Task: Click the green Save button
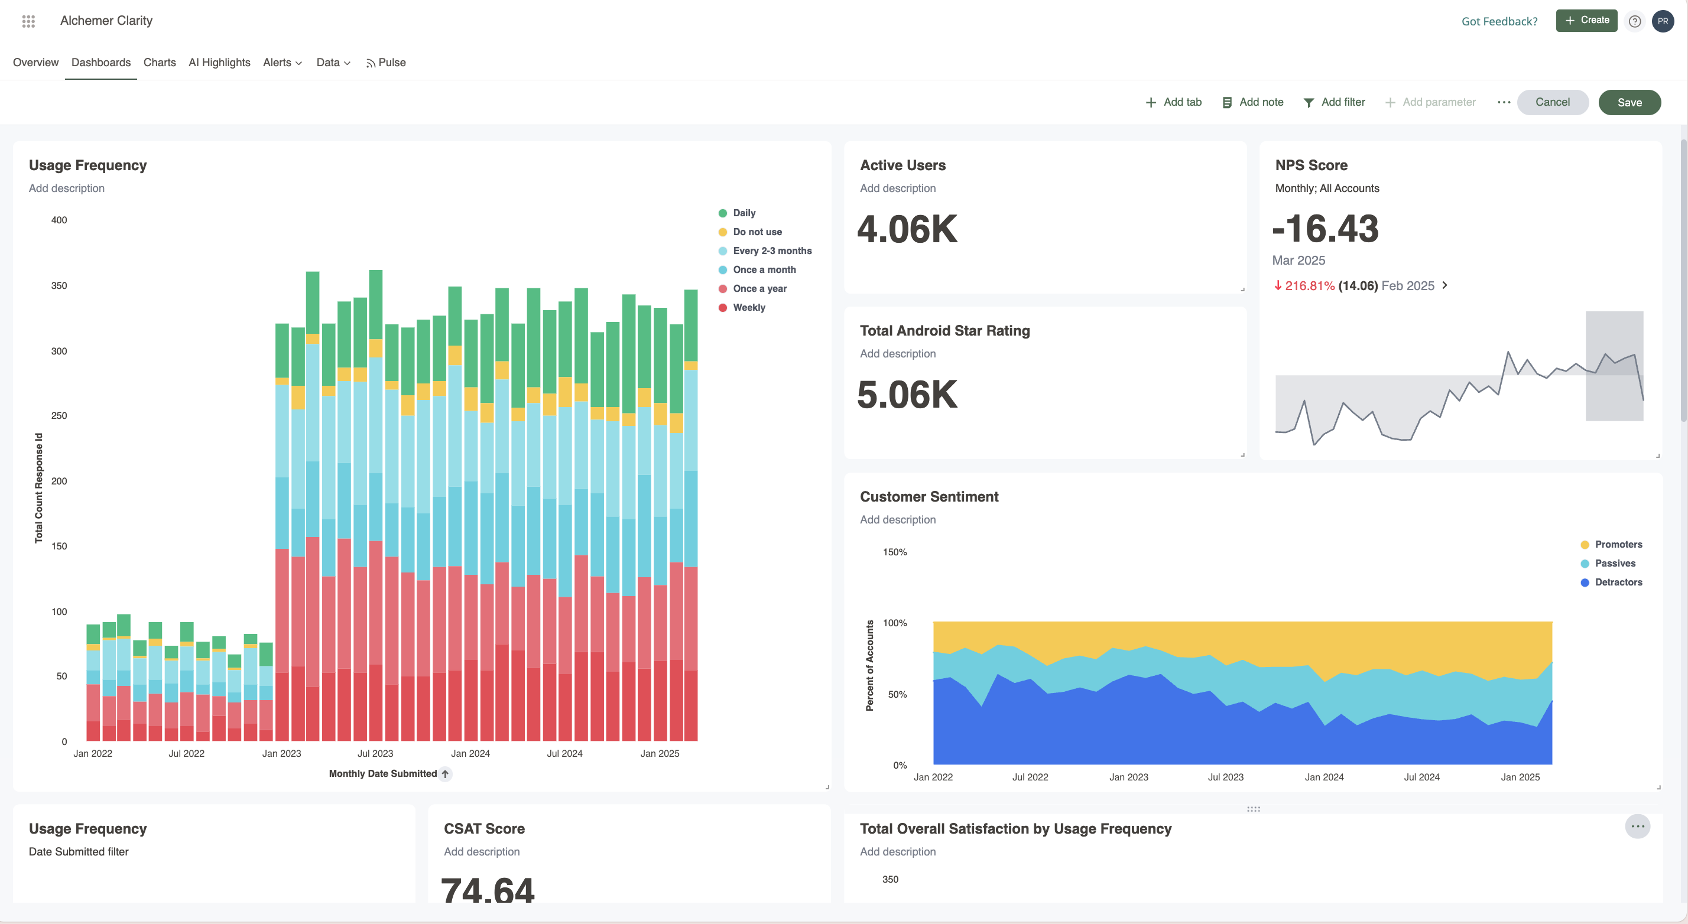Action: pos(1629,102)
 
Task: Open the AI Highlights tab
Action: pos(219,62)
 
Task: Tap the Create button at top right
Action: pos(1586,20)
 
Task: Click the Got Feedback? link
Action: pos(1499,21)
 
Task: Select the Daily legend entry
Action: pos(744,213)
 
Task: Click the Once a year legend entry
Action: pos(759,288)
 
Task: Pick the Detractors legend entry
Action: pos(1617,582)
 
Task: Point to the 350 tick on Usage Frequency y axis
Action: pos(59,285)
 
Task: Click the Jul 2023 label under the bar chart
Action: pos(375,753)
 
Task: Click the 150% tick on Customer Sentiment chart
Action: pos(894,552)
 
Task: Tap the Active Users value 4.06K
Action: pos(907,229)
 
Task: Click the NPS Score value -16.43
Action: pos(1325,229)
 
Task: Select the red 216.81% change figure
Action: pos(1309,285)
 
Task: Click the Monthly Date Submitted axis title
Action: pos(382,773)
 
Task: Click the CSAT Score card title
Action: pos(483,828)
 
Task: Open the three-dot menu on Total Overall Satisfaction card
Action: pos(1637,827)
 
